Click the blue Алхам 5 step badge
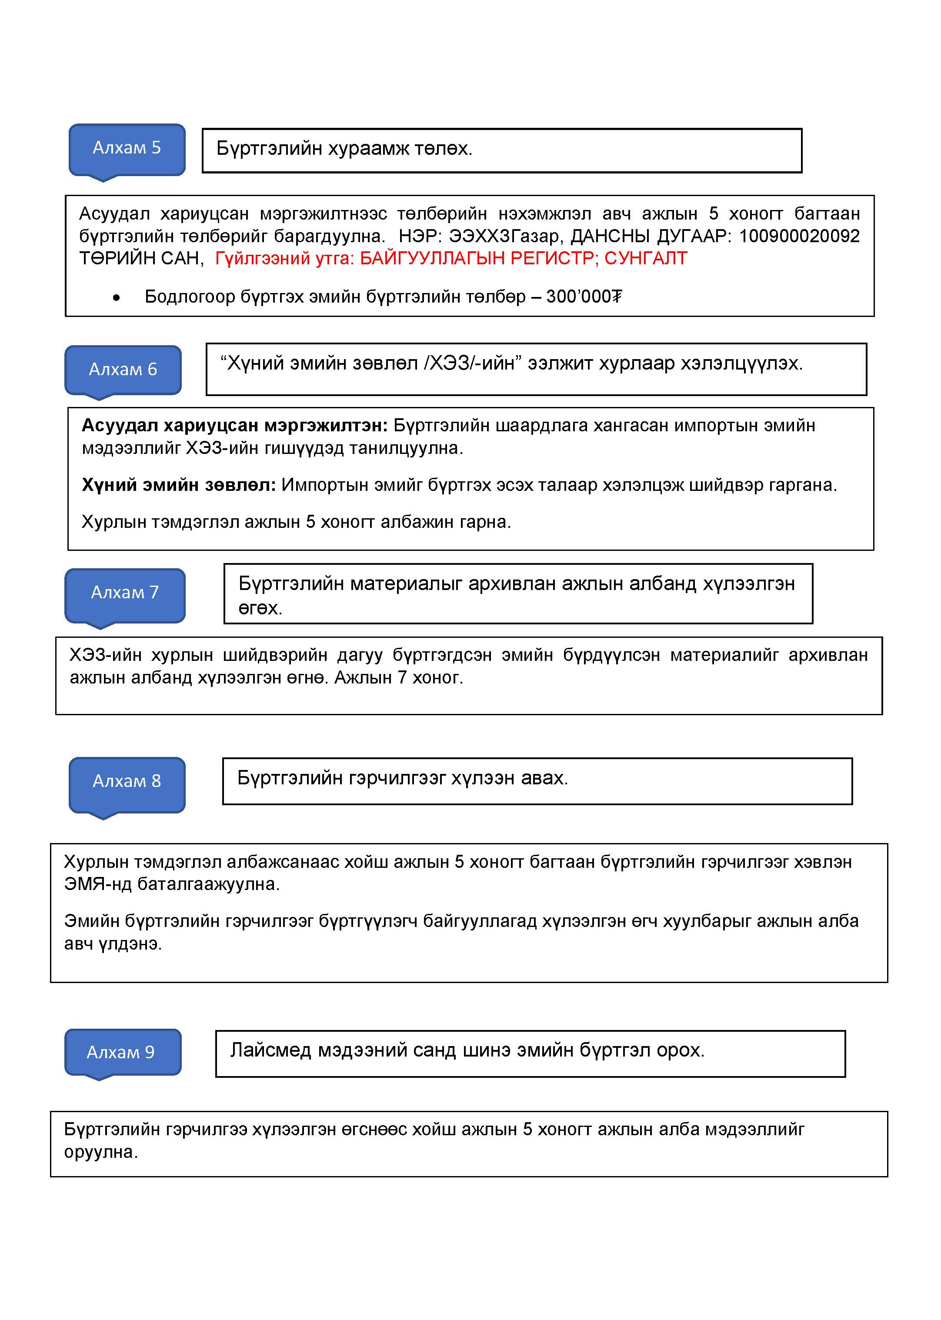[x=127, y=149]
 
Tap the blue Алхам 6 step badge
[x=123, y=370]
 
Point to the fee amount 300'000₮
[x=584, y=297]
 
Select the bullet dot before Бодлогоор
[x=117, y=298]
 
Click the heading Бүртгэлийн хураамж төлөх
[x=344, y=149]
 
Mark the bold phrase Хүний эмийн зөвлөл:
[x=178, y=485]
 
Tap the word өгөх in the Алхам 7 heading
[x=260, y=608]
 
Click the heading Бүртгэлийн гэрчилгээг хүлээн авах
[x=402, y=778]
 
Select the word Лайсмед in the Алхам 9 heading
[x=270, y=1050]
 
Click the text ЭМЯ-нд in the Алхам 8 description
[x=97, y=884]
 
